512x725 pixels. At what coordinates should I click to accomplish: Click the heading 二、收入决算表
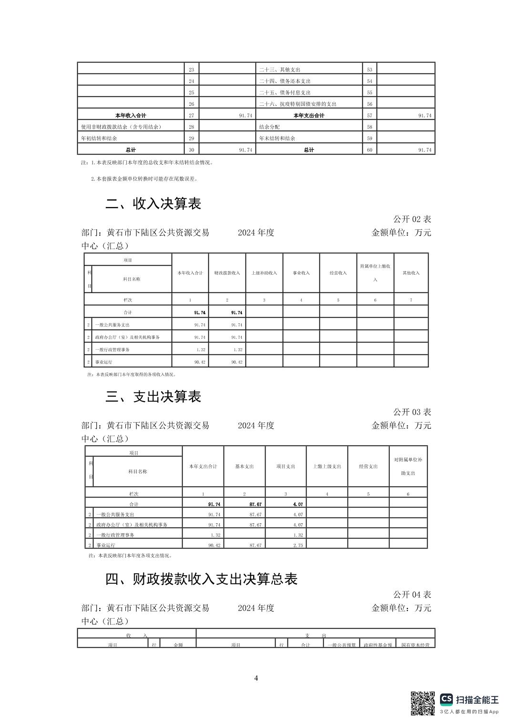point(153,204)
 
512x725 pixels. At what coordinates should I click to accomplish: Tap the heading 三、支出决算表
point(153,396)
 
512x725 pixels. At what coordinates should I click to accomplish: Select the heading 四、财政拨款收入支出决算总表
point(201,579)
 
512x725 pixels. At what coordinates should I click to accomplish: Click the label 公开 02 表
point(412,219)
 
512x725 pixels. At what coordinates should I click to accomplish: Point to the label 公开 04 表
point(412,594)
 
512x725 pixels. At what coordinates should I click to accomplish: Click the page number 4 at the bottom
point(256,678)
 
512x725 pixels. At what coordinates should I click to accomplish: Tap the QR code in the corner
point(423,703)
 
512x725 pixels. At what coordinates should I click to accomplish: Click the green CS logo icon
point(446,699)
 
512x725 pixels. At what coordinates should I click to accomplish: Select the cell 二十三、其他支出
point(280,70)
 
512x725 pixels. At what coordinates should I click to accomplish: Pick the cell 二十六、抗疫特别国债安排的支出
point(298,104)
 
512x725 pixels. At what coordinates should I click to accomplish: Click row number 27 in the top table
point(192,115)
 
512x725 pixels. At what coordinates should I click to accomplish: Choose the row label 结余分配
point(269,127)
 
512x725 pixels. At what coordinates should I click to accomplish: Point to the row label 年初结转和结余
point(99,138)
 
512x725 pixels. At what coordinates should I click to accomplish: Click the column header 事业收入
point(301,273)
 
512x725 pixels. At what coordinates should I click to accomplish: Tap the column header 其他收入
point(411,273)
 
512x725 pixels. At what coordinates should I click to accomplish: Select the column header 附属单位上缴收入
point(375,272)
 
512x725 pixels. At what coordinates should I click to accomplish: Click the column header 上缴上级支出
point(327,466)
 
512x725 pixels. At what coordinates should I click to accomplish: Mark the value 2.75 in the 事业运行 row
point(298,545)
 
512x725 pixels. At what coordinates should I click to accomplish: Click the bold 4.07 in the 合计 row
point(298,504)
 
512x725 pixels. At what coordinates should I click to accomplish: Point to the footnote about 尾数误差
point(144,179)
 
